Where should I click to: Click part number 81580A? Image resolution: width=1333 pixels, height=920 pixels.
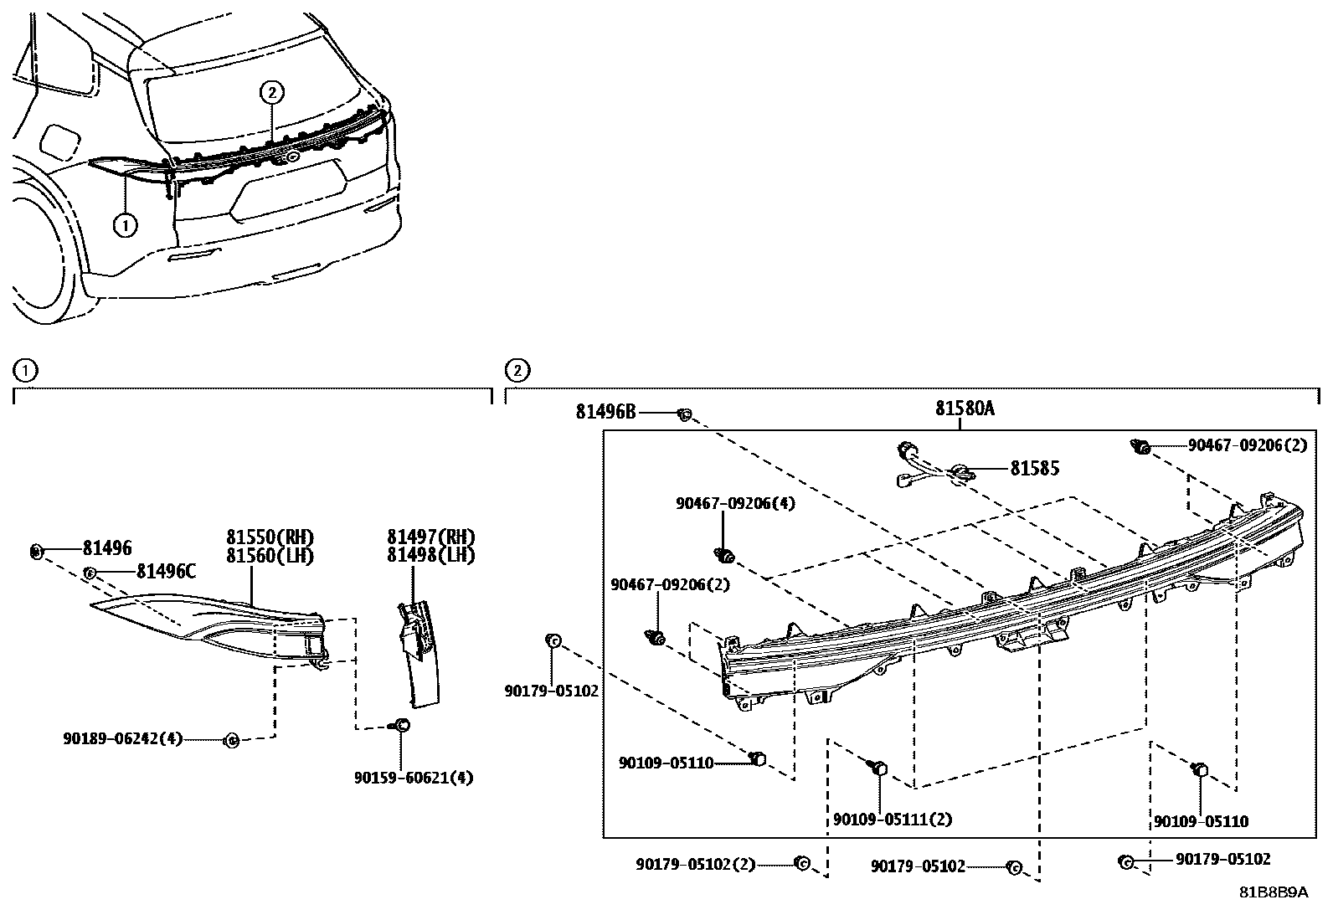pos(965,409)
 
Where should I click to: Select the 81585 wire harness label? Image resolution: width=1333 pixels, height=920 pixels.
pos(1034,469)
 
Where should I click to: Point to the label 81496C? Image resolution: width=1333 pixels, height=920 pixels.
pos(166,572)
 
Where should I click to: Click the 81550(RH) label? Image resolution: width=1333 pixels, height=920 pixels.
pos(269,537)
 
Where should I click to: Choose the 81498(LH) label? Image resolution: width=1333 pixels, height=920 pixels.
pos(430,555)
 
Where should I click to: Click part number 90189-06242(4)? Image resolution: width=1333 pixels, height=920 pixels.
pos(121,739)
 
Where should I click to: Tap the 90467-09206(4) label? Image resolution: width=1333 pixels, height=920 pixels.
pos(735,503)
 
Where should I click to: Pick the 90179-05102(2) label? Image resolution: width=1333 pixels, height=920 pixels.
pos(695,863)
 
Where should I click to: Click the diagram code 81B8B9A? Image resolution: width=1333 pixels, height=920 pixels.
pos(1274,892)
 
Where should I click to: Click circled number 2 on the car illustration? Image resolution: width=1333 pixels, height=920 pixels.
pos(272,93)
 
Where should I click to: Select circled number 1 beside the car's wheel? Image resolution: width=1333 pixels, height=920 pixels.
pos(124,224)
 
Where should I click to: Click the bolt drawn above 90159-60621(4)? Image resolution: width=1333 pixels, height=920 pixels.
pos(401,726)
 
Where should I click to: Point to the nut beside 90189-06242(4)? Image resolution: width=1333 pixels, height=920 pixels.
pos(233,739)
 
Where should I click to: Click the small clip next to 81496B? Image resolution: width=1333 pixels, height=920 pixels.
pos(684,414)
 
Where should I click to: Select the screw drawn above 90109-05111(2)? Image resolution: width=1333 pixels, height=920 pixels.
pos(878,766)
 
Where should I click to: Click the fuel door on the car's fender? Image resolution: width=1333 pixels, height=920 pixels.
pos(59,141)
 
